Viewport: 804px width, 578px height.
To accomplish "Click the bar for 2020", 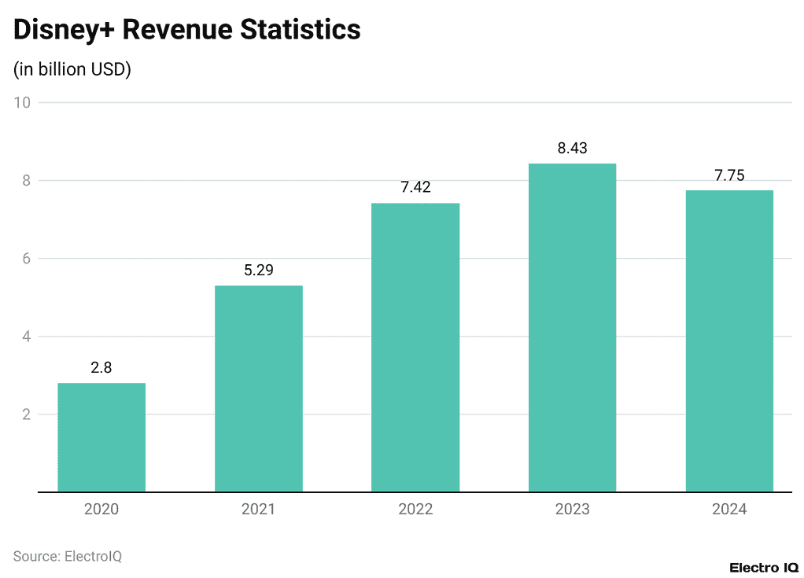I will pyautogui.click(x=101, y=437).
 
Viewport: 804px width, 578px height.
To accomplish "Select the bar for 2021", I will pyautogui.click(x=258, y=388).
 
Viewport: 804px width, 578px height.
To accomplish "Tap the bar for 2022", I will pyautogui.click(x=415, y=347).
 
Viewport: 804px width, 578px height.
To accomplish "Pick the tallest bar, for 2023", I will pyautogui.click(x=572, y=327).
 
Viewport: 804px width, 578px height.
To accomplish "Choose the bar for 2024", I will pyautogui.click(x=729, y=341).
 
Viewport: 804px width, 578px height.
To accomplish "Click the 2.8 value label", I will pyautogui.click(x=101, y=367).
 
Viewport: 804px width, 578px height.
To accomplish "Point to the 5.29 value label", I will pyautogui.click(x=258, y=270).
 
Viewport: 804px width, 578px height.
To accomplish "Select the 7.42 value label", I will pyautogui.click(x=415, y=187).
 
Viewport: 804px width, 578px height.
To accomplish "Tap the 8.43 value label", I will pyautogui.click(x=572, y=148).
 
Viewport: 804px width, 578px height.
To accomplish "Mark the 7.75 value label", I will pyautogui.click(x=729, y=175).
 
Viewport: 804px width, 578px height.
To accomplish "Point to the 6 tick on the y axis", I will pyautogui.click(x=26, y=259).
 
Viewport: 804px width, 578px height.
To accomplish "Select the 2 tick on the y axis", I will pyautogui.click(x=26, y=414).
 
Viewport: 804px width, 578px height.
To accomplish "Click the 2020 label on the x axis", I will pyautogui.click(x=101, y=510).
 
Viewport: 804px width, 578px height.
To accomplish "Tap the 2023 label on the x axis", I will pyautogui.click(x=572, y=510).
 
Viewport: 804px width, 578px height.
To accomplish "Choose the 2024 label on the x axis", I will pyautogui.click(x=729, y=510).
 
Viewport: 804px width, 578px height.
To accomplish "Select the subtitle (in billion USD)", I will pyautogui.click(x=72, y=69).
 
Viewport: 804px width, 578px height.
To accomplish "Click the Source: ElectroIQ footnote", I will pyautogui.click(x=68, y=556).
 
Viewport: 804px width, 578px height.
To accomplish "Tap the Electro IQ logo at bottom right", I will pyautogui.click(x=763, y=567).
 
